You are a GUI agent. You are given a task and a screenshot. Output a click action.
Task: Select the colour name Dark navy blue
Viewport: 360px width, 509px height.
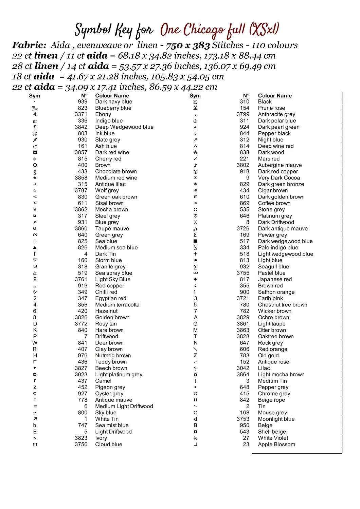[x=113, y=102]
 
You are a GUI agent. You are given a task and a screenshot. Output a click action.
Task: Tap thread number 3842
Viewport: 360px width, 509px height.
[x=81, y=127]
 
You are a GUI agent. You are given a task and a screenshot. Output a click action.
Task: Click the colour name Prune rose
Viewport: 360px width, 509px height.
[x=271, y=108]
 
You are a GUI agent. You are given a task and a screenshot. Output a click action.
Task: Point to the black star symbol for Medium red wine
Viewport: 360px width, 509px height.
[x=35, y=178]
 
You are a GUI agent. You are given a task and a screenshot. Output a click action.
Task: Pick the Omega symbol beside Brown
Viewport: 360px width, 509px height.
[x=35, y=165]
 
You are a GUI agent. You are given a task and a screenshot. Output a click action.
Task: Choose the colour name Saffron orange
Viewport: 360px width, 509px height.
[x=276, y=292]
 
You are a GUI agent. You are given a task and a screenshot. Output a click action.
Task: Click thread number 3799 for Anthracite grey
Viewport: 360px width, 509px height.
[x=243, y=114]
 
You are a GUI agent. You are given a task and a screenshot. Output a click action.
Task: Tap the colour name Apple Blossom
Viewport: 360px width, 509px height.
[x=276, y=445]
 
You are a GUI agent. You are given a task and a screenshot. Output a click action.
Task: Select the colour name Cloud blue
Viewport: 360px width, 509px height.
[x=109, y=445]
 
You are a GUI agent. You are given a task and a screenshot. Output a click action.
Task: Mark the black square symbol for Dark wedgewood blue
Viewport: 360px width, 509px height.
[x=195, y=241]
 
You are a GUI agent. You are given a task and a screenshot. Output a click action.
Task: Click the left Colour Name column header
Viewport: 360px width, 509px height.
[x=112, y=96]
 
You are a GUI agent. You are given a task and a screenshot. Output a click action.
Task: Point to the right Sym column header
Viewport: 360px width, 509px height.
[x=195, y=96]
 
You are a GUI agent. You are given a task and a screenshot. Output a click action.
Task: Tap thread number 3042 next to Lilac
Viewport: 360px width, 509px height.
[x=243, y=368]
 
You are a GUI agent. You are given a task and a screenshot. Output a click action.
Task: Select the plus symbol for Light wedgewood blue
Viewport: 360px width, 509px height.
[x=195, y=254]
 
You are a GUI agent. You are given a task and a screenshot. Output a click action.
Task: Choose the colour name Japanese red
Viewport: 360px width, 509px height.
[x=275, y=280]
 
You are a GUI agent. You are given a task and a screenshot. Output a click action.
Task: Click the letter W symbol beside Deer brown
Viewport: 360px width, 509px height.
[x=35, y=343]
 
